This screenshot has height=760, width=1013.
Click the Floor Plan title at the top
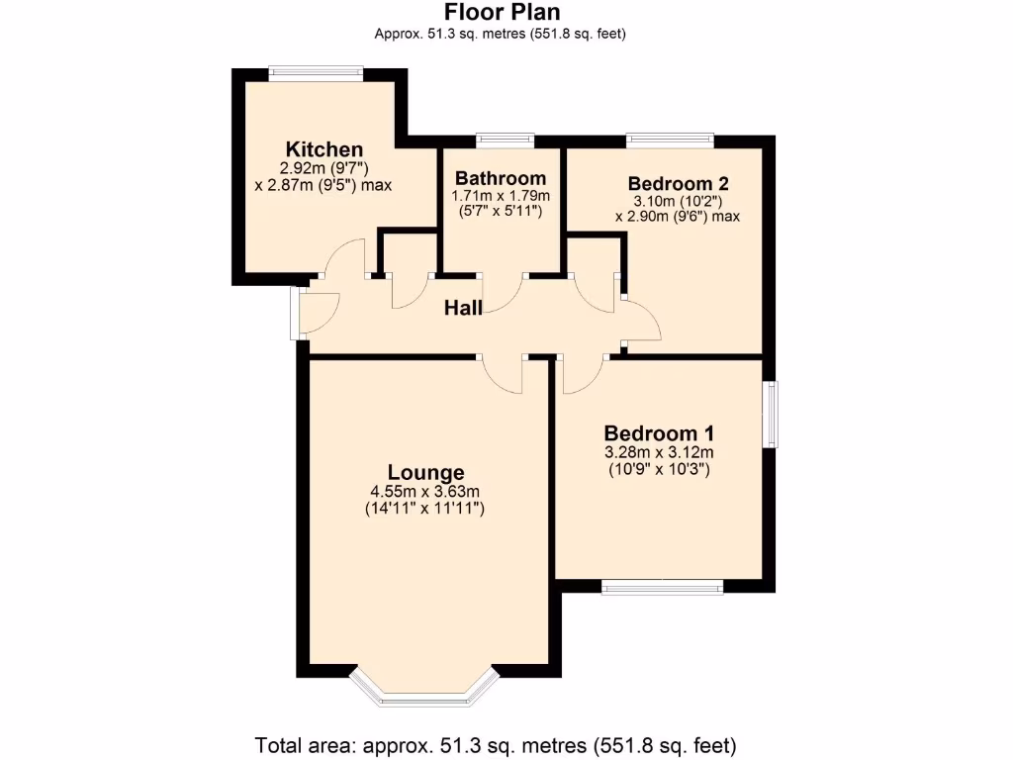tap(502, 13)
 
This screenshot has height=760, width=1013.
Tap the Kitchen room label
tap(324, 149)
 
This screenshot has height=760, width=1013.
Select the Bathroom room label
tap(501, 178)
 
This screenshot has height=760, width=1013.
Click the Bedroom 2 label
tap(678, 183)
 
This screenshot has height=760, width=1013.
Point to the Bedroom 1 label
tap(659, 433)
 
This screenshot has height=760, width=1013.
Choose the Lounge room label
tap(425, 472)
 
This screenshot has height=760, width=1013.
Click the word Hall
tap(463, 308)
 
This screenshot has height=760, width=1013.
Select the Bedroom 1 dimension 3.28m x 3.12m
tap(659, 452)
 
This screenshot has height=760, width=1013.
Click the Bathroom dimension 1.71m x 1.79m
tap(501, 195)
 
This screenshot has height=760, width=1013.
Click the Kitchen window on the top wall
tap(317, 71)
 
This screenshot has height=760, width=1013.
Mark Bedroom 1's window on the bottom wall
tap(662, 587)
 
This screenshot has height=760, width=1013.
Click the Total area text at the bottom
tap(496, 744)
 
